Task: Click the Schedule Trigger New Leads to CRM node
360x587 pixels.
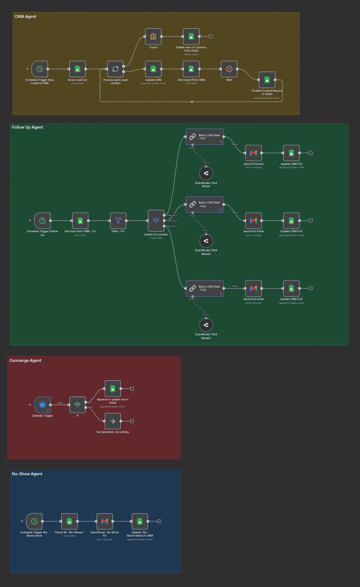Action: tap(40, 69)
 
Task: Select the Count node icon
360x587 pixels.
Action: tap(153, 36)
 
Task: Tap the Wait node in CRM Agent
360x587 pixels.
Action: tap(229, 69)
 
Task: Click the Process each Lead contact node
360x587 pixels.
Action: tap(115, 69)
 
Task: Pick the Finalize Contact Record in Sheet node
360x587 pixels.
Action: tap(267, 80)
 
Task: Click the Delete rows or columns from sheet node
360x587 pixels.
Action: tap(191, 36)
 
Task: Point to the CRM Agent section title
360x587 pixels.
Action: tap(25, 17)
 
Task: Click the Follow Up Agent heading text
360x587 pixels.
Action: tap(27, 127)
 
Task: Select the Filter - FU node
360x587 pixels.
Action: tap(118, 220)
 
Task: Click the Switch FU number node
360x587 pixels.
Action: tap(156, 220)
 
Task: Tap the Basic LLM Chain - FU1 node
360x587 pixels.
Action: tap(204, 137)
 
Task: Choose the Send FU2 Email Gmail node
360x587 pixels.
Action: tap(253, 220)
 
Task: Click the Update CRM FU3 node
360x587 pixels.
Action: tap(291, 289)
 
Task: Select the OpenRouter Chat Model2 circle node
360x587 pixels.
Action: tap(206, 324)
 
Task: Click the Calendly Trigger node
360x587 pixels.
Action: tap(42, 405)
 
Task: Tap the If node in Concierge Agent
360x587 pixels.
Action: tap(78, 405)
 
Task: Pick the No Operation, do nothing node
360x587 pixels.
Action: tap(113, 420)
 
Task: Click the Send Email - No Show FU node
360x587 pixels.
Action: tap(105, 521)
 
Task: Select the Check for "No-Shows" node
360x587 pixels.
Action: tap(69, 521)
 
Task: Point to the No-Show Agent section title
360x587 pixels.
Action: tap(27, 474)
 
